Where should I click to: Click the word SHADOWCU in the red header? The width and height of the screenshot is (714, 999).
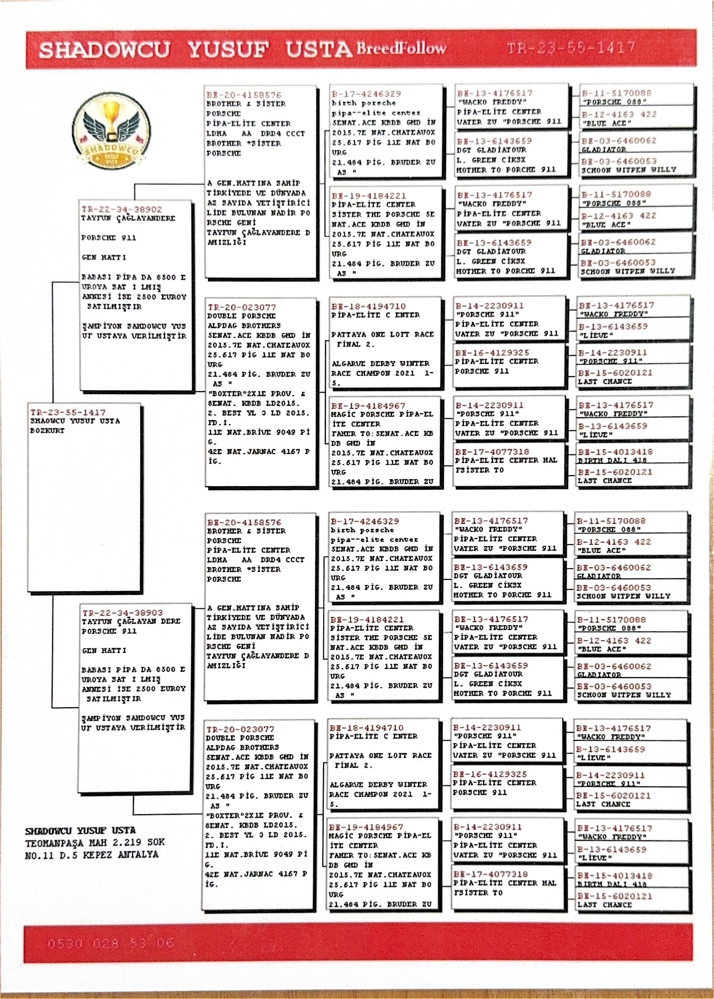[104, 50]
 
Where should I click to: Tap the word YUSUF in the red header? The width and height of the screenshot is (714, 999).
[228, 50]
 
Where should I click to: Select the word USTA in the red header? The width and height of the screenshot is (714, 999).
[318, 50]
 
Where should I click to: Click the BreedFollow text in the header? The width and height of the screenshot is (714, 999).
[401, 48]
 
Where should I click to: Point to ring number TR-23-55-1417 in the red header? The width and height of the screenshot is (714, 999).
[570, 48]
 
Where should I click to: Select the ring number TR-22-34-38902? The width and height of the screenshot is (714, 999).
[122, 210]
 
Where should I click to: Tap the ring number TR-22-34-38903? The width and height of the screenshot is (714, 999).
[122, 613]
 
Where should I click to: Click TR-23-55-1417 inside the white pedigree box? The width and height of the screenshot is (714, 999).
[68, 412]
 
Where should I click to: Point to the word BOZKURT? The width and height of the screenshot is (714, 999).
[47, 431]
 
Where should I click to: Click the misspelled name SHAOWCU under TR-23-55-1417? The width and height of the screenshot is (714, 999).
[48, 421]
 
